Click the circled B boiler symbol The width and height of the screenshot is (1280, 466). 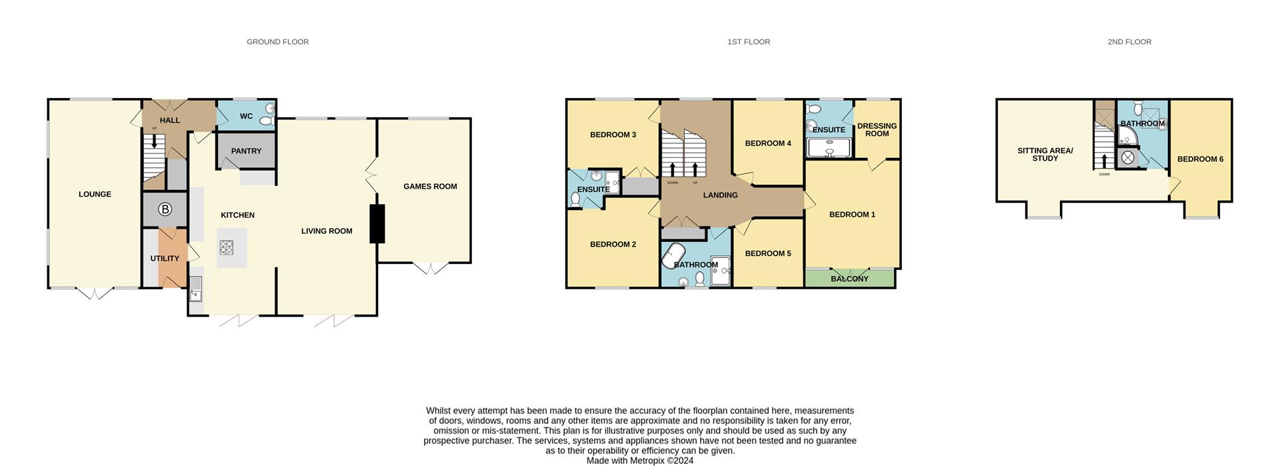165,210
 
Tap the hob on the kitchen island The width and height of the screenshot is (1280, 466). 227,248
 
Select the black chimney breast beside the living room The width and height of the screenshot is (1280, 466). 377,223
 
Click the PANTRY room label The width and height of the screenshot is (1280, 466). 246,151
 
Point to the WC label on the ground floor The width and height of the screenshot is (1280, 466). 246,116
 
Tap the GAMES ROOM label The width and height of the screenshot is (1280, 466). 430,187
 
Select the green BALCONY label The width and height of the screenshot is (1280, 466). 849,279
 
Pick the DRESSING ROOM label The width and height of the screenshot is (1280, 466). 877,130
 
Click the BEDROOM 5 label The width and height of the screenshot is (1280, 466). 768,253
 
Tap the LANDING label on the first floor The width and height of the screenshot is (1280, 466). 720,195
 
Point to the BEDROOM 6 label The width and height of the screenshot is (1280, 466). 1200,159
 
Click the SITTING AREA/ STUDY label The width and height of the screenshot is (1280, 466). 1045,155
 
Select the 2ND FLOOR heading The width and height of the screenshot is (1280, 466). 1129,42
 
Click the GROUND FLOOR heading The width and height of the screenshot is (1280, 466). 277,42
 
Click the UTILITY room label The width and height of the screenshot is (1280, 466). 165,259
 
